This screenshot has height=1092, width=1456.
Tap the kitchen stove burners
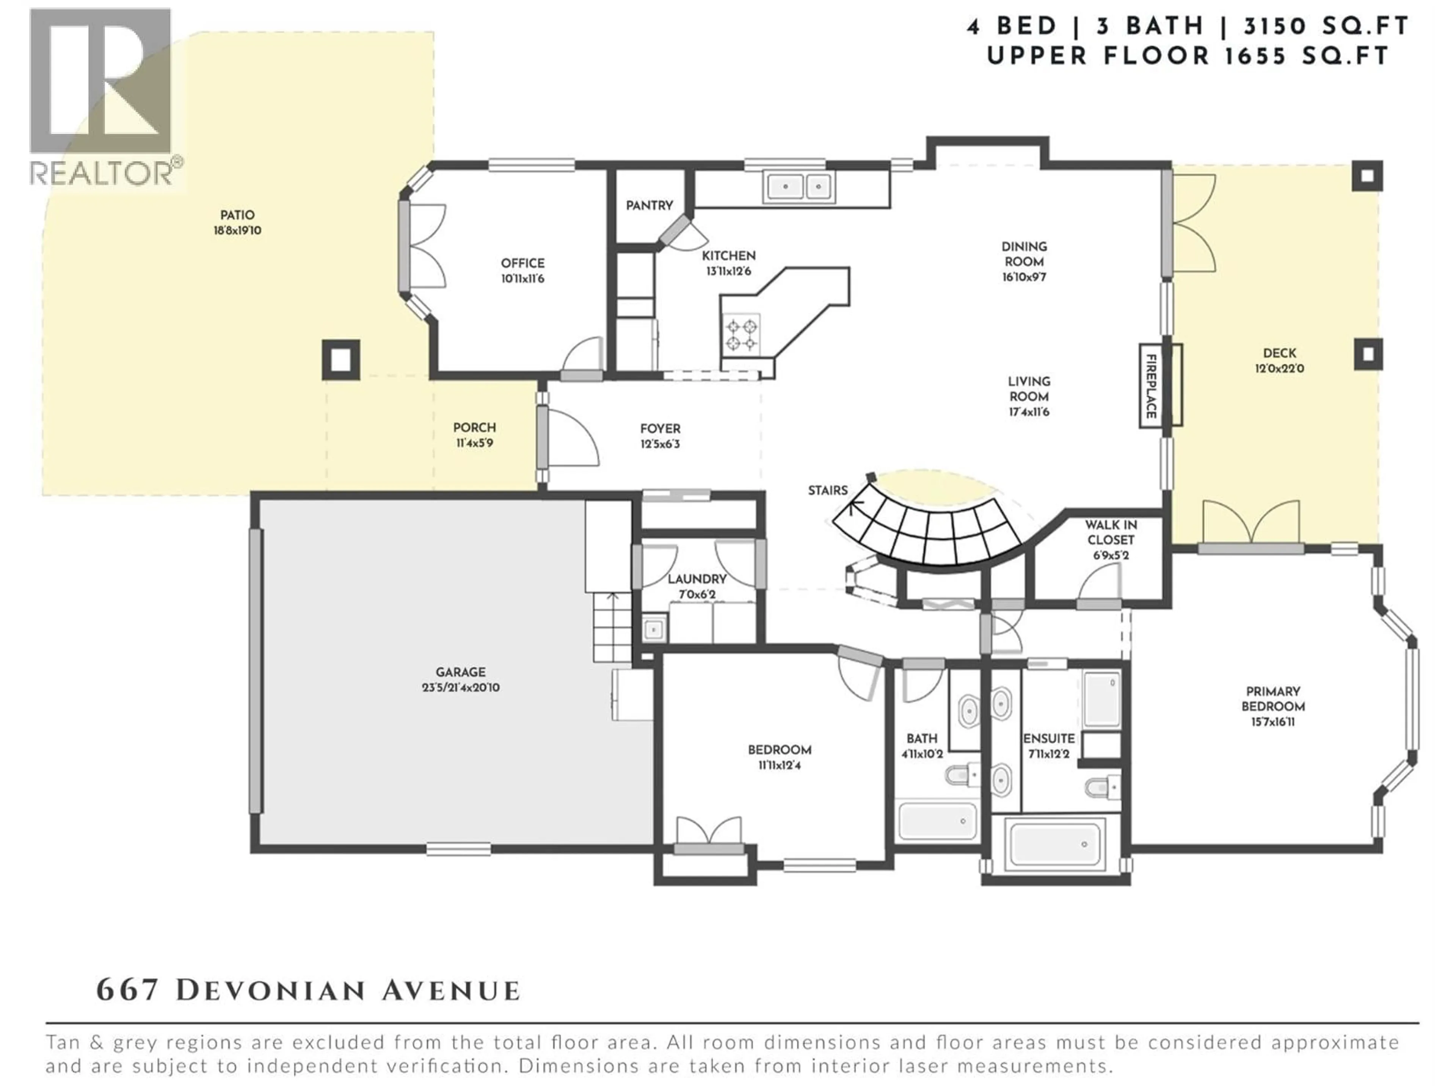(x=741, y=334)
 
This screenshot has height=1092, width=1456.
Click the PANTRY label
(x=649, y=206)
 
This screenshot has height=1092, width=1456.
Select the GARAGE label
(x=460, y=672)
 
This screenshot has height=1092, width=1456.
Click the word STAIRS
(x=827, y=490)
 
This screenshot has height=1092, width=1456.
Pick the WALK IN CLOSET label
(x=1111, y=532)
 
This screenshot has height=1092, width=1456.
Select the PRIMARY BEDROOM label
(x=1272, y=699)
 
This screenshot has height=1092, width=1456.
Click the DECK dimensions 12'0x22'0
(x=1279, y=369)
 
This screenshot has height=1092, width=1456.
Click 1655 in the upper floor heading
(x=1255, y=56)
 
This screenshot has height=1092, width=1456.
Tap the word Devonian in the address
(x=270, y=991)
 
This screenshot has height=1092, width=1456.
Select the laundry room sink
(x=654, y=630)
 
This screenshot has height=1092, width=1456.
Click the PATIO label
(x=237, y=215)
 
